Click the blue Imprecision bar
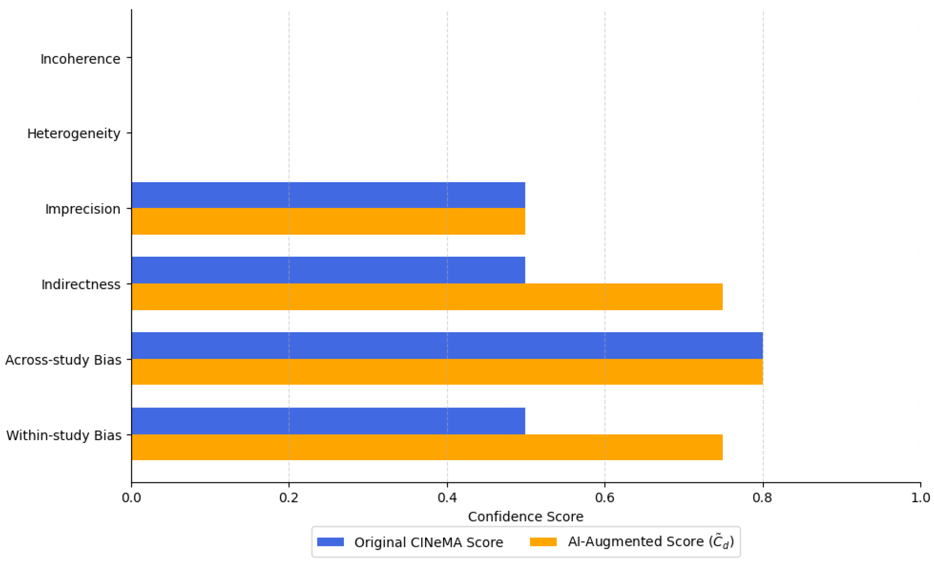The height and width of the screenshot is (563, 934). coord(328,195)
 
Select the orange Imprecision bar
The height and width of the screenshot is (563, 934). coord(328,221)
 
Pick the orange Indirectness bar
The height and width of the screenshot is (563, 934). coord(427,297)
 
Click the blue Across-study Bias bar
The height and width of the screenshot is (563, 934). coord(447,345)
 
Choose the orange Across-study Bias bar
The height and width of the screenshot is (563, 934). coord(447,372)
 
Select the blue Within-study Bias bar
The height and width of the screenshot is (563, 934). coord(328,421)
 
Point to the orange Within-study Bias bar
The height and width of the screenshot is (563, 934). coord(427,447)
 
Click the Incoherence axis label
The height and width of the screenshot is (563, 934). coord(80,59)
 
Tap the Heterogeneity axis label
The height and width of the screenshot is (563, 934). coord(74,134)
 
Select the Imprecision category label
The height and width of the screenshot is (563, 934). coord(82,209)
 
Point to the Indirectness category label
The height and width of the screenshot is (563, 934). coord(81,284)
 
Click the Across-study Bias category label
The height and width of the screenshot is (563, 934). coord(63,360)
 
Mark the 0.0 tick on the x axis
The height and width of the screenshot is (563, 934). coord(132,497)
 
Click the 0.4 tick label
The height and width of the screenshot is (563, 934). coord(447,497)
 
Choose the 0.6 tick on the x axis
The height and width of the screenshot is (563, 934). coord(605,497)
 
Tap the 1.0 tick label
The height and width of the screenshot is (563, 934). coord(920,497)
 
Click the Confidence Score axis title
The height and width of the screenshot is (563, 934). coord(526,517)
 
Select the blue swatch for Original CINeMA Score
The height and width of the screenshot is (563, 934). coord(330,542)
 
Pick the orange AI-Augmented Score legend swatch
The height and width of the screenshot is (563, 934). coord(543,542)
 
